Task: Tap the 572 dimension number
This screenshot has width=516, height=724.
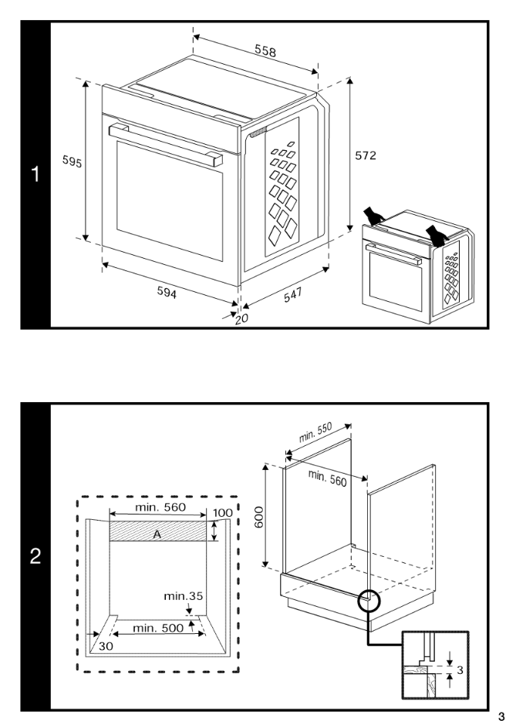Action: [x=366, y=156]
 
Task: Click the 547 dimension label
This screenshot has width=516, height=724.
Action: [x=290, y=297]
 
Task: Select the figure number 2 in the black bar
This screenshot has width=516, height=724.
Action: [x=34, y=555]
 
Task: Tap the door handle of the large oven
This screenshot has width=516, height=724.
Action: [x=165, y=143]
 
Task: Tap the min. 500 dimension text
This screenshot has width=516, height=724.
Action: [x=158, y=628]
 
